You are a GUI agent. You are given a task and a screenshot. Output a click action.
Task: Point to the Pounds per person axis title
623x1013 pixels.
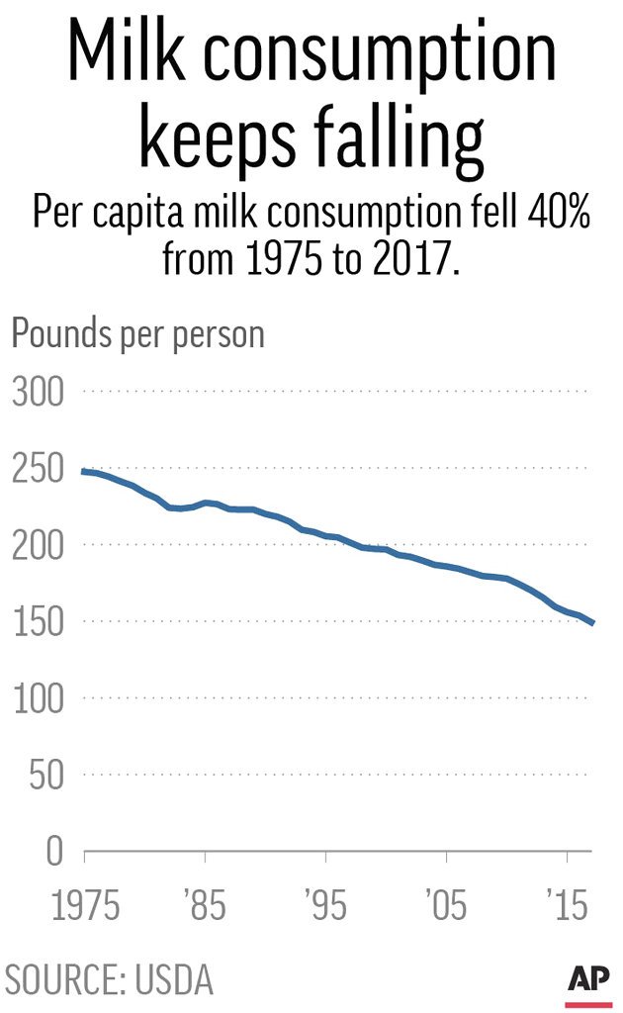pos(137,334)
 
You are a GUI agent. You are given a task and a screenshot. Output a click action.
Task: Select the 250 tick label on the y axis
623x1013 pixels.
pos(38,470)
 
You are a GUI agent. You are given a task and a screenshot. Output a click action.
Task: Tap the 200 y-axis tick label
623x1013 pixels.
pos(38,546)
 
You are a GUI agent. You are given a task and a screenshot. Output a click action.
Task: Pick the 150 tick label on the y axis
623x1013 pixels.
pos(38,623)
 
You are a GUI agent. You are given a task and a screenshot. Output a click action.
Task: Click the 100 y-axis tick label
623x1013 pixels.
pos(38,699)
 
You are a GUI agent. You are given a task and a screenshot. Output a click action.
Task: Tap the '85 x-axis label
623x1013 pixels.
pos(205,906)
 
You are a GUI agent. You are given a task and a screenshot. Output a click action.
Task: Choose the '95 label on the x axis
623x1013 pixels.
pos(325,906)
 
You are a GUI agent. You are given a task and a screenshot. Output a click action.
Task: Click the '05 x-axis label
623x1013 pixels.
pos(446,906)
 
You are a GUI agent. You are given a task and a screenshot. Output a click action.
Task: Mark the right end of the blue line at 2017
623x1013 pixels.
pos(592,624)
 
